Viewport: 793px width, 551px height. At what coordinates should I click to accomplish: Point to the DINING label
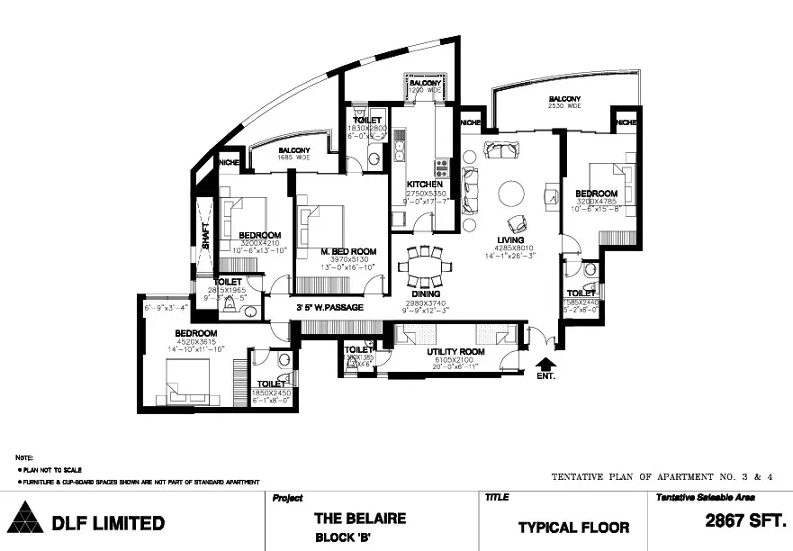pos(426,294)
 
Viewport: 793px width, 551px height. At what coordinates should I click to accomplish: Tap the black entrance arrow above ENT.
pos(545,363)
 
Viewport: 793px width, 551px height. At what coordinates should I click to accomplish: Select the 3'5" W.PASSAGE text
pos(330,308)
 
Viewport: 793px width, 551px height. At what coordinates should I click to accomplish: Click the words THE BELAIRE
pos(359,518)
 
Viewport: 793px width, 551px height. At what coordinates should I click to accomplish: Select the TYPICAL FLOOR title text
pos(573,527)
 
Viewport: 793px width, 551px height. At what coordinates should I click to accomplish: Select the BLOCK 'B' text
pos(347,537)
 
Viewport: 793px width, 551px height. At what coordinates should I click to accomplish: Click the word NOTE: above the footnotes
pos(24,458)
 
